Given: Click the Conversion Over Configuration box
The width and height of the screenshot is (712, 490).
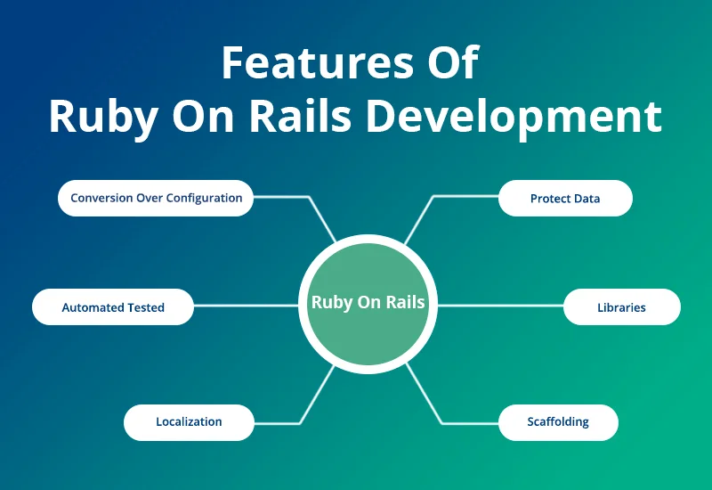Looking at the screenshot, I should click(x=156, y=198).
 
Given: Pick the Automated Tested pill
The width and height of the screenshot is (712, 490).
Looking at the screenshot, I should click(x=113, y=306).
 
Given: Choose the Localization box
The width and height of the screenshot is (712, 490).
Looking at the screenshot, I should click(x=189, y=421).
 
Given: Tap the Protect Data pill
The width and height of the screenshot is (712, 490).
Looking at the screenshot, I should click(x=565, y=198).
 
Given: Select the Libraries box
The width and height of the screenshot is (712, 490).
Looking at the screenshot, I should click(x=621, y=306).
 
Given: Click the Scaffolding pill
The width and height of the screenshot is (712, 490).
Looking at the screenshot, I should click(x=558, y=421).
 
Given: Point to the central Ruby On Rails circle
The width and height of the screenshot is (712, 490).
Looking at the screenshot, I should click(x=368, y=303).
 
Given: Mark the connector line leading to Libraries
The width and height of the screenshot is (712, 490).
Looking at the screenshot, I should click(x=501, y=306).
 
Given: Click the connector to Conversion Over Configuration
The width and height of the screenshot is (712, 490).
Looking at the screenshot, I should click(x=285, y=197).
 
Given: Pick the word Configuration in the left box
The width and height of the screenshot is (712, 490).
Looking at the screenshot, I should click(x=204, y=198).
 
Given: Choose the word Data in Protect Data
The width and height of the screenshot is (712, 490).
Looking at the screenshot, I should click(x=587, y=199).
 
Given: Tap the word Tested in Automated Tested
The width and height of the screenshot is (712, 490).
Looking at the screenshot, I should click(x=145, y=307).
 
